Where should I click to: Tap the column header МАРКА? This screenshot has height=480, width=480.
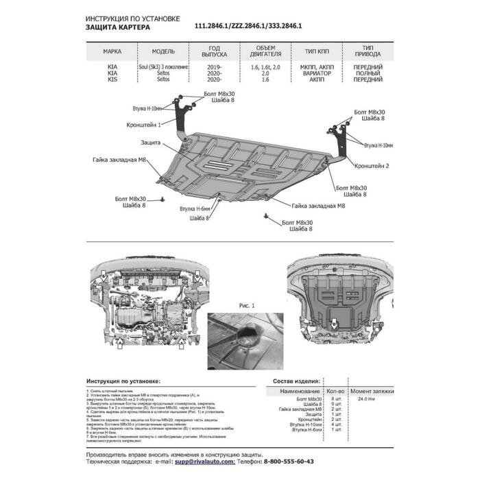(112, 51)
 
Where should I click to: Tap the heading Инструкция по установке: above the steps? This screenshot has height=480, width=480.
(124, 380)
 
